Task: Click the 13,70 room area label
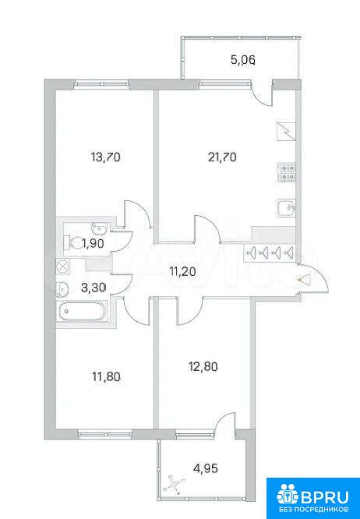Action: tap(105, 157)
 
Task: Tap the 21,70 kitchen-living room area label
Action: tap(222, 157)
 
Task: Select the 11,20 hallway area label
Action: tap(183, 272)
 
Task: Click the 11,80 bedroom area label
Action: tap(105, 376)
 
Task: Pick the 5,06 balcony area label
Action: tap(244, 60)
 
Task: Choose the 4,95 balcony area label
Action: tap(206, 468)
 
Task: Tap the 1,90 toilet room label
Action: tap(94, 244)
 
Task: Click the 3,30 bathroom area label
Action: tap(94, 287)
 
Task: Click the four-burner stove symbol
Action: tap(287, 172)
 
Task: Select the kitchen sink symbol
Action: tap(287, 209)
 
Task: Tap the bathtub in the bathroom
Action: tap(81, 311)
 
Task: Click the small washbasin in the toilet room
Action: tap(99, 228)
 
